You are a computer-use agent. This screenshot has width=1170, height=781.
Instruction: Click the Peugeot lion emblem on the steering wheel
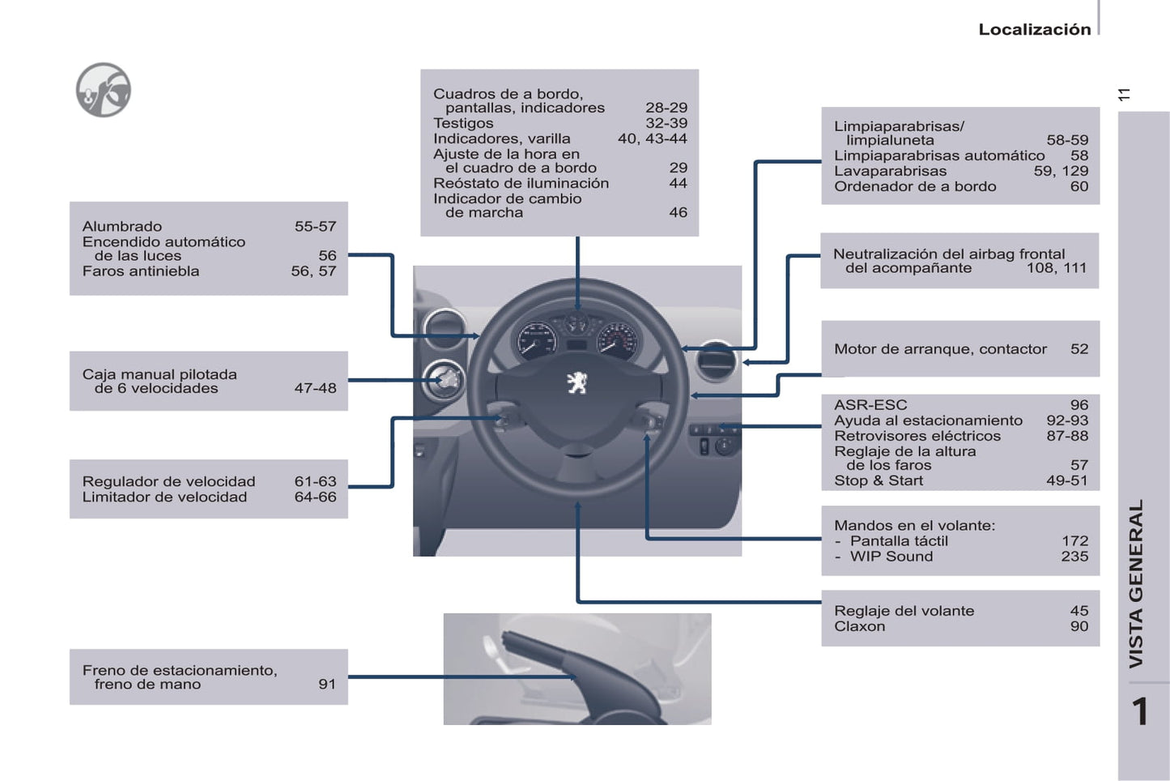coord(576,382)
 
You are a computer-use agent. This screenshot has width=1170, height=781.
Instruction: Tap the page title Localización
coord(1034,29)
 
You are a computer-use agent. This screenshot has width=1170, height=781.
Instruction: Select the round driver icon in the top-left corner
coord(103,90)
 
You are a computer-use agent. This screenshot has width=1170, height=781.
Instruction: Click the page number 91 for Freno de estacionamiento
coord(327,684)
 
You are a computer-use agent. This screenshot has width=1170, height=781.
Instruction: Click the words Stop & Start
coord(878,480)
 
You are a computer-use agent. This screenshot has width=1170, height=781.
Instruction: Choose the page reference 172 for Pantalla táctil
coord(1074,540)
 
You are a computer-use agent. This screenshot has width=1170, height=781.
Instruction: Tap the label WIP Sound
coord(891,557)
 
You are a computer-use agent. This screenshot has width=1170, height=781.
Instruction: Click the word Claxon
coord(859,626)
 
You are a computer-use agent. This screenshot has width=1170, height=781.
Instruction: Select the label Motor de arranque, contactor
coord(940,349)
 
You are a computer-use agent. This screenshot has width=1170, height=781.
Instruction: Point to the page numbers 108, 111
coord(1056,267)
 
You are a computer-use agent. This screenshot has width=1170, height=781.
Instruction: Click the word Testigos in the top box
coord(463,123)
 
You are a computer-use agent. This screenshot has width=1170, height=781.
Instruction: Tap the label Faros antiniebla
coord(140,271)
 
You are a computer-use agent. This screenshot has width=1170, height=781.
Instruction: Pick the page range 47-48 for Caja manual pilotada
coord(315,388)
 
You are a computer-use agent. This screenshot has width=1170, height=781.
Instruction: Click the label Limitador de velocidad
coord(164,497)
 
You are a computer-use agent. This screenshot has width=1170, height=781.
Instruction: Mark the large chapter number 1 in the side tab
coord(1140,712)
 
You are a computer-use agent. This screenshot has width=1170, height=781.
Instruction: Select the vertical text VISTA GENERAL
coord(1136,583)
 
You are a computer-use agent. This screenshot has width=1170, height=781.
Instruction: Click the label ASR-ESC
coord(870,405)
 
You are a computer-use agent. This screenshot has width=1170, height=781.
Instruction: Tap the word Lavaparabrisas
coord(890,171)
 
